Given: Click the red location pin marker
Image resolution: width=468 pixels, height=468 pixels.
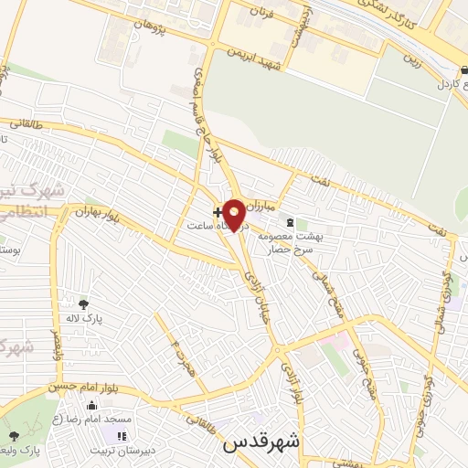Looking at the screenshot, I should (x=235, y=214).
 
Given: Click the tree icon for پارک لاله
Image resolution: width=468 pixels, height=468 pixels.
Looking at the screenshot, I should (x=84, y=304).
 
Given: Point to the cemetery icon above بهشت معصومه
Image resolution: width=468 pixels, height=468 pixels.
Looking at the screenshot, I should (x=290, y=222).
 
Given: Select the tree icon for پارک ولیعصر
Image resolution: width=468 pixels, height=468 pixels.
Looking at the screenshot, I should (x=14, y=436).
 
